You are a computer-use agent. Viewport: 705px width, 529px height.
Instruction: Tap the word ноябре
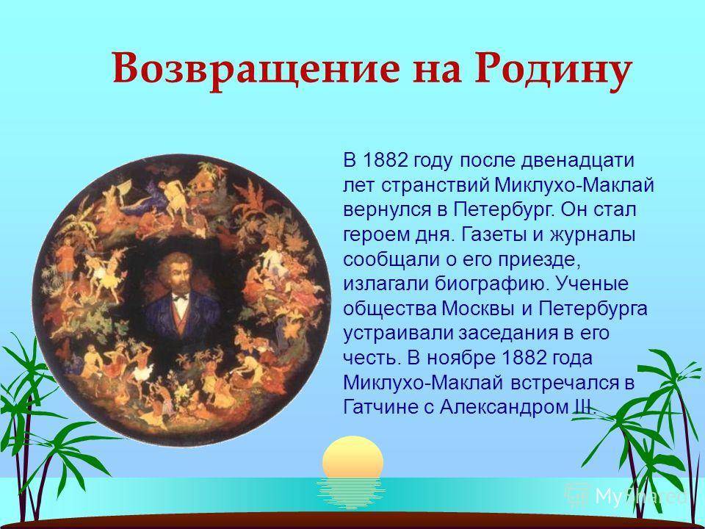tap(458, 358)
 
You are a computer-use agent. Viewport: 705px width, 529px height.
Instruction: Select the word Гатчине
tap(380, 408)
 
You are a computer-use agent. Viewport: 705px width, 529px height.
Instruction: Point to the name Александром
tap(504, 408)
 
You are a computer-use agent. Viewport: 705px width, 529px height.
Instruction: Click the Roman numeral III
tap(584, 408)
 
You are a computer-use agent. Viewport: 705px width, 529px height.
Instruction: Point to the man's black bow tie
tap(181, 298)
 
